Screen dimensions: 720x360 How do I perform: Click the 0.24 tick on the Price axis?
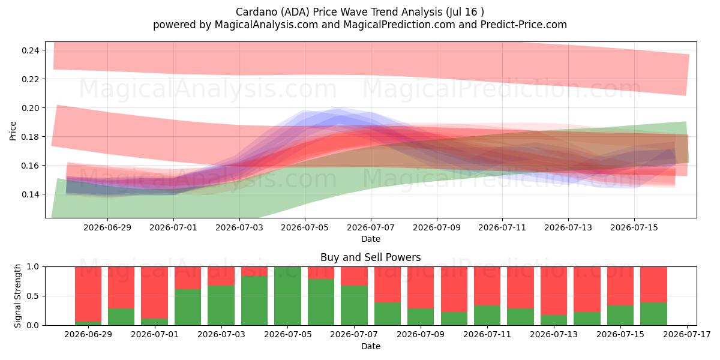pos(30,50)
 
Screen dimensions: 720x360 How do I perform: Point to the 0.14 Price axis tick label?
pos(30,194)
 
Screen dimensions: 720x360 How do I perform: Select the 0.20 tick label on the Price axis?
pos(30,108)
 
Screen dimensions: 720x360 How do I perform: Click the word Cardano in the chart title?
pos(256,12)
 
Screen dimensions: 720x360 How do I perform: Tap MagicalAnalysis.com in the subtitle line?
pos(266,25)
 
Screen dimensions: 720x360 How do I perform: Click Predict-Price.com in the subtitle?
pos(524,25)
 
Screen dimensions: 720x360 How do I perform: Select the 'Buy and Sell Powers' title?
pos(371,257)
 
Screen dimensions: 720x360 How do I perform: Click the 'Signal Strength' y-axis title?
pos(17,296)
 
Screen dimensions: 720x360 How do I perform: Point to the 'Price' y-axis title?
pos(13,131)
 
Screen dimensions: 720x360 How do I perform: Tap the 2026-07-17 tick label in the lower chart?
pos(687,335)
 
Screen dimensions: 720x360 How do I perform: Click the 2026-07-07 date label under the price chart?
pos(371,227)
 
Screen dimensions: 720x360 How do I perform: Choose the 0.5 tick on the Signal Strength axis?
pos(32,296)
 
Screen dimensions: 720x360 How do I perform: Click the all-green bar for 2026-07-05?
pos(287,296)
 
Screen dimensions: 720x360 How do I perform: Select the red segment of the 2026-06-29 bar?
pos(88,294)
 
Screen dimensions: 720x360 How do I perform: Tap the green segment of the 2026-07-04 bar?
pos(254,301)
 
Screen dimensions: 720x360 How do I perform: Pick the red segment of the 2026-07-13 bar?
pos(554,291)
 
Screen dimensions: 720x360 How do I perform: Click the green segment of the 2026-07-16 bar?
pos(653,314)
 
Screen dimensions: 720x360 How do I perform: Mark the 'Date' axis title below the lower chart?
pos(371,346)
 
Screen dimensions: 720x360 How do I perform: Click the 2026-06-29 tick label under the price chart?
pos(107,227)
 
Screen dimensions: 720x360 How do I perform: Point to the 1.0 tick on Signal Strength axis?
pos(32,267)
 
